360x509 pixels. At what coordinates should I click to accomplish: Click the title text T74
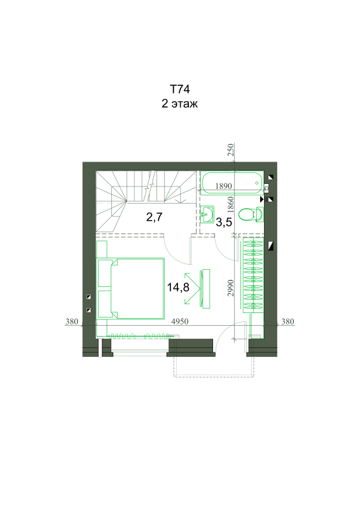(179, 89)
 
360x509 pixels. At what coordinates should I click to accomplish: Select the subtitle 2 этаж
(179, 104)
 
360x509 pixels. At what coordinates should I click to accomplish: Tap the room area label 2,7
(154, 217)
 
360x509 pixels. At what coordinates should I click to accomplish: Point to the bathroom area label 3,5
(224, 222)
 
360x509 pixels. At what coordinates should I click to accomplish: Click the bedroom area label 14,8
(178, 288)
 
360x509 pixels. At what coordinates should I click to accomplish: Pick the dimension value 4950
(180, 321)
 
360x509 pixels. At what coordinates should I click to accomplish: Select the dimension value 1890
(224, 186)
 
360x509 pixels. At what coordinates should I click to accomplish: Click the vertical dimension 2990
(230, 288)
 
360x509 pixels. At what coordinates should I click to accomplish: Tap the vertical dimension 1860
(230, 204)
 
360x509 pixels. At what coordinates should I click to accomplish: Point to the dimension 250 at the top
(230, 150)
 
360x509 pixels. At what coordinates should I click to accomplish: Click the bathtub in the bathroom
(232, 183)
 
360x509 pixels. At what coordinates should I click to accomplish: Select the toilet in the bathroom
(251, 214)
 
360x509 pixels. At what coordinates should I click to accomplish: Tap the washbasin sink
(207, 214)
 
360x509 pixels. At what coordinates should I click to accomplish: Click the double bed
(130, 288)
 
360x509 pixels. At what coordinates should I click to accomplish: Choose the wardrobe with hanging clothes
(254, 275)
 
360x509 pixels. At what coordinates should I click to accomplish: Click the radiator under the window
(140, 336)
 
